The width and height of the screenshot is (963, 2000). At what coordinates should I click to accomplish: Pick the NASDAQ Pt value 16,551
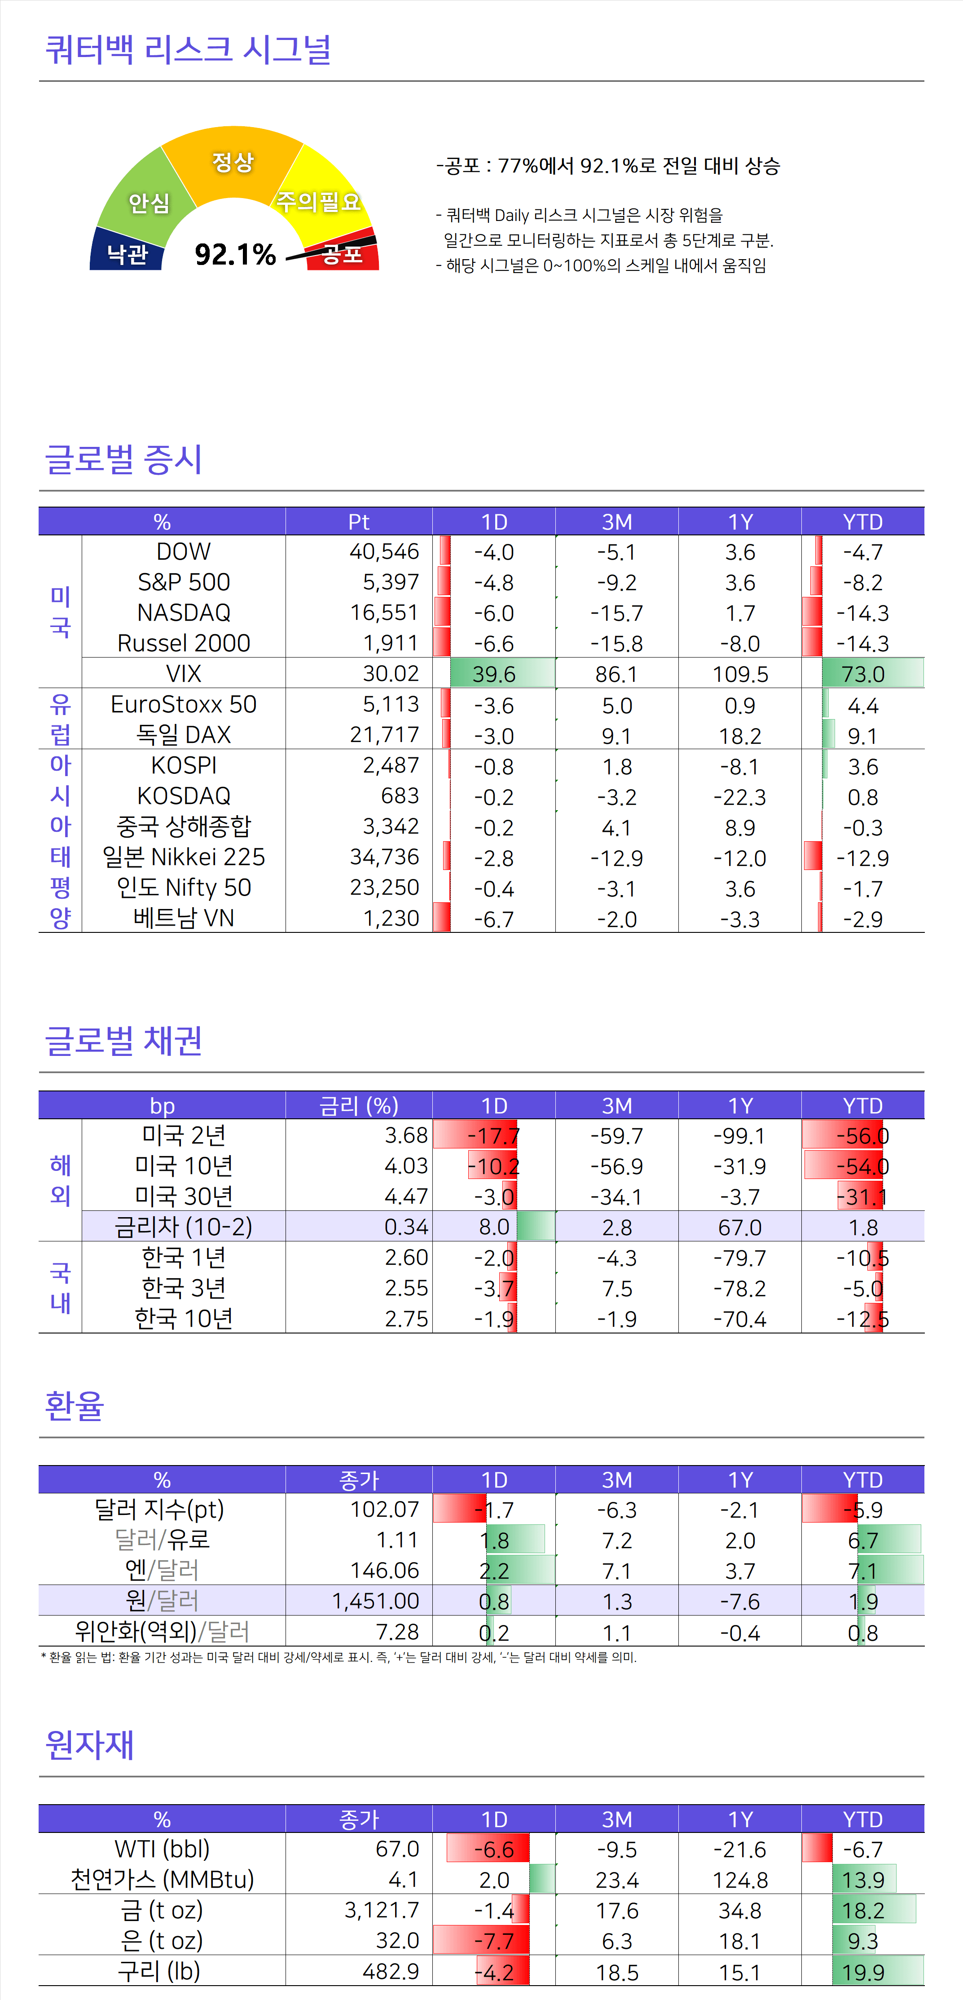384,613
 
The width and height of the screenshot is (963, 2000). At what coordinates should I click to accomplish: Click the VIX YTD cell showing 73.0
863,674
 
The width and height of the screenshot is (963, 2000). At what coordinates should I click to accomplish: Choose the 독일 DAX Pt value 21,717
384,734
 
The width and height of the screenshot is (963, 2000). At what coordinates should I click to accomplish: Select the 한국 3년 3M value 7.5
617,1288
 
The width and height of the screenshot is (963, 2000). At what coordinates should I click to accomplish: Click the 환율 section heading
75,1405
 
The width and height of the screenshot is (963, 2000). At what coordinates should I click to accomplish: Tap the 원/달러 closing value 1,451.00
376,1601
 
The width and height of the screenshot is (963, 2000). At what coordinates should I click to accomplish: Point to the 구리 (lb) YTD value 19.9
863,1972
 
